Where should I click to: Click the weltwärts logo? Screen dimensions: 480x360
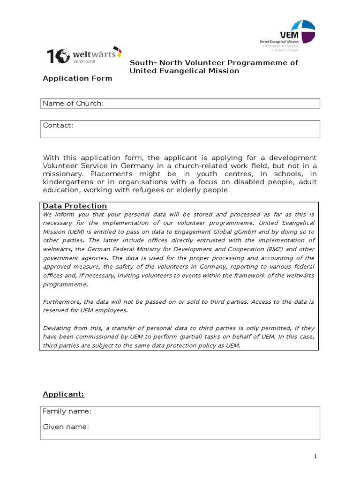(84, 57)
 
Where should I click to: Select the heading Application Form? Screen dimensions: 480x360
(77, 78)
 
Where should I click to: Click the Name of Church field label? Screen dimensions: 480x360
(73, 104)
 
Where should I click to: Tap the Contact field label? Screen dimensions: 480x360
(58, 125)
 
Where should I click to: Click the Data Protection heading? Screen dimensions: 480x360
(75, 206)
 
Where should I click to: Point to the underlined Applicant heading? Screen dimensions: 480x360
(63, 394)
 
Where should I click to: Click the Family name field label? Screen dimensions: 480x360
(67, 411)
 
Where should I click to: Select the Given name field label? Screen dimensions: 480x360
(66, 427)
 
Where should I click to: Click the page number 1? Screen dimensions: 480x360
(316, 456)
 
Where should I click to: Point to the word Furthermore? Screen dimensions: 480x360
(61, 302)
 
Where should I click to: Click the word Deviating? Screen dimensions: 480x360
(58, 328)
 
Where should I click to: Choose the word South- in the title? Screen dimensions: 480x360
(143, 63)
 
